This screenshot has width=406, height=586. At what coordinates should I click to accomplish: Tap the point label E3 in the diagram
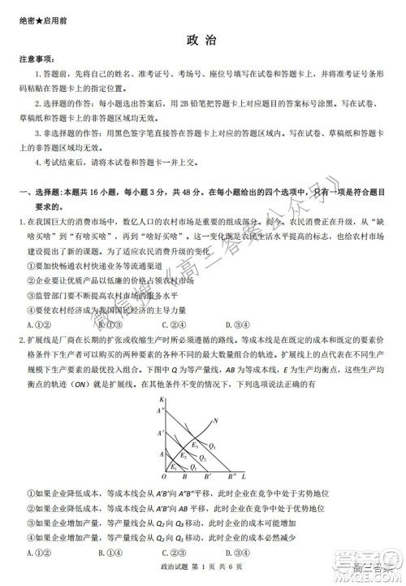[x=195, y=445]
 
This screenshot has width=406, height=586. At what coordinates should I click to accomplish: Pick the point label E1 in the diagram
[x=172, y=467]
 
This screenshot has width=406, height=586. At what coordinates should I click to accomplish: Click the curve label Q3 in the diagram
[x=213, y=446]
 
